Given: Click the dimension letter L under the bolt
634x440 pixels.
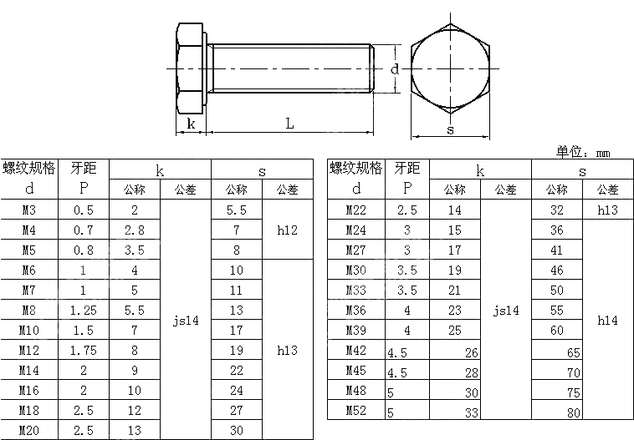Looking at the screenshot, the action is pyautogui.click(x=289, y=123).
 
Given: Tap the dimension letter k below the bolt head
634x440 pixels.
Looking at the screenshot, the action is pyautogui.click(x=191, y=123).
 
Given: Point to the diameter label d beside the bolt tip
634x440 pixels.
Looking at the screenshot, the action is pyautogui.click(x=395, y=68).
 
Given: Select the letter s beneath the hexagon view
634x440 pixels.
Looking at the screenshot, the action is pyautogui.click(x=450, y=130).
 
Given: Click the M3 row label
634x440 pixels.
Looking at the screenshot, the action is pyautogui.click(x=29, y=210).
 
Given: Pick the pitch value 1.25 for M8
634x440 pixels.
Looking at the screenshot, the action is pyautogui.click(x=84, y=311).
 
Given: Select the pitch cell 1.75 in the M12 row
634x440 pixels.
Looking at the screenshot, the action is pyautogui.click(x=84, y=351).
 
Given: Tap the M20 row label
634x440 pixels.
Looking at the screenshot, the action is pyautogui.click(x=29, y=430).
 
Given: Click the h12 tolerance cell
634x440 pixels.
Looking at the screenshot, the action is pyautogui.click(x=288, y=230).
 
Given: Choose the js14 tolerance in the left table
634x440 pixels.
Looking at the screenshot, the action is pyautogui.click(x=186, y=321).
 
